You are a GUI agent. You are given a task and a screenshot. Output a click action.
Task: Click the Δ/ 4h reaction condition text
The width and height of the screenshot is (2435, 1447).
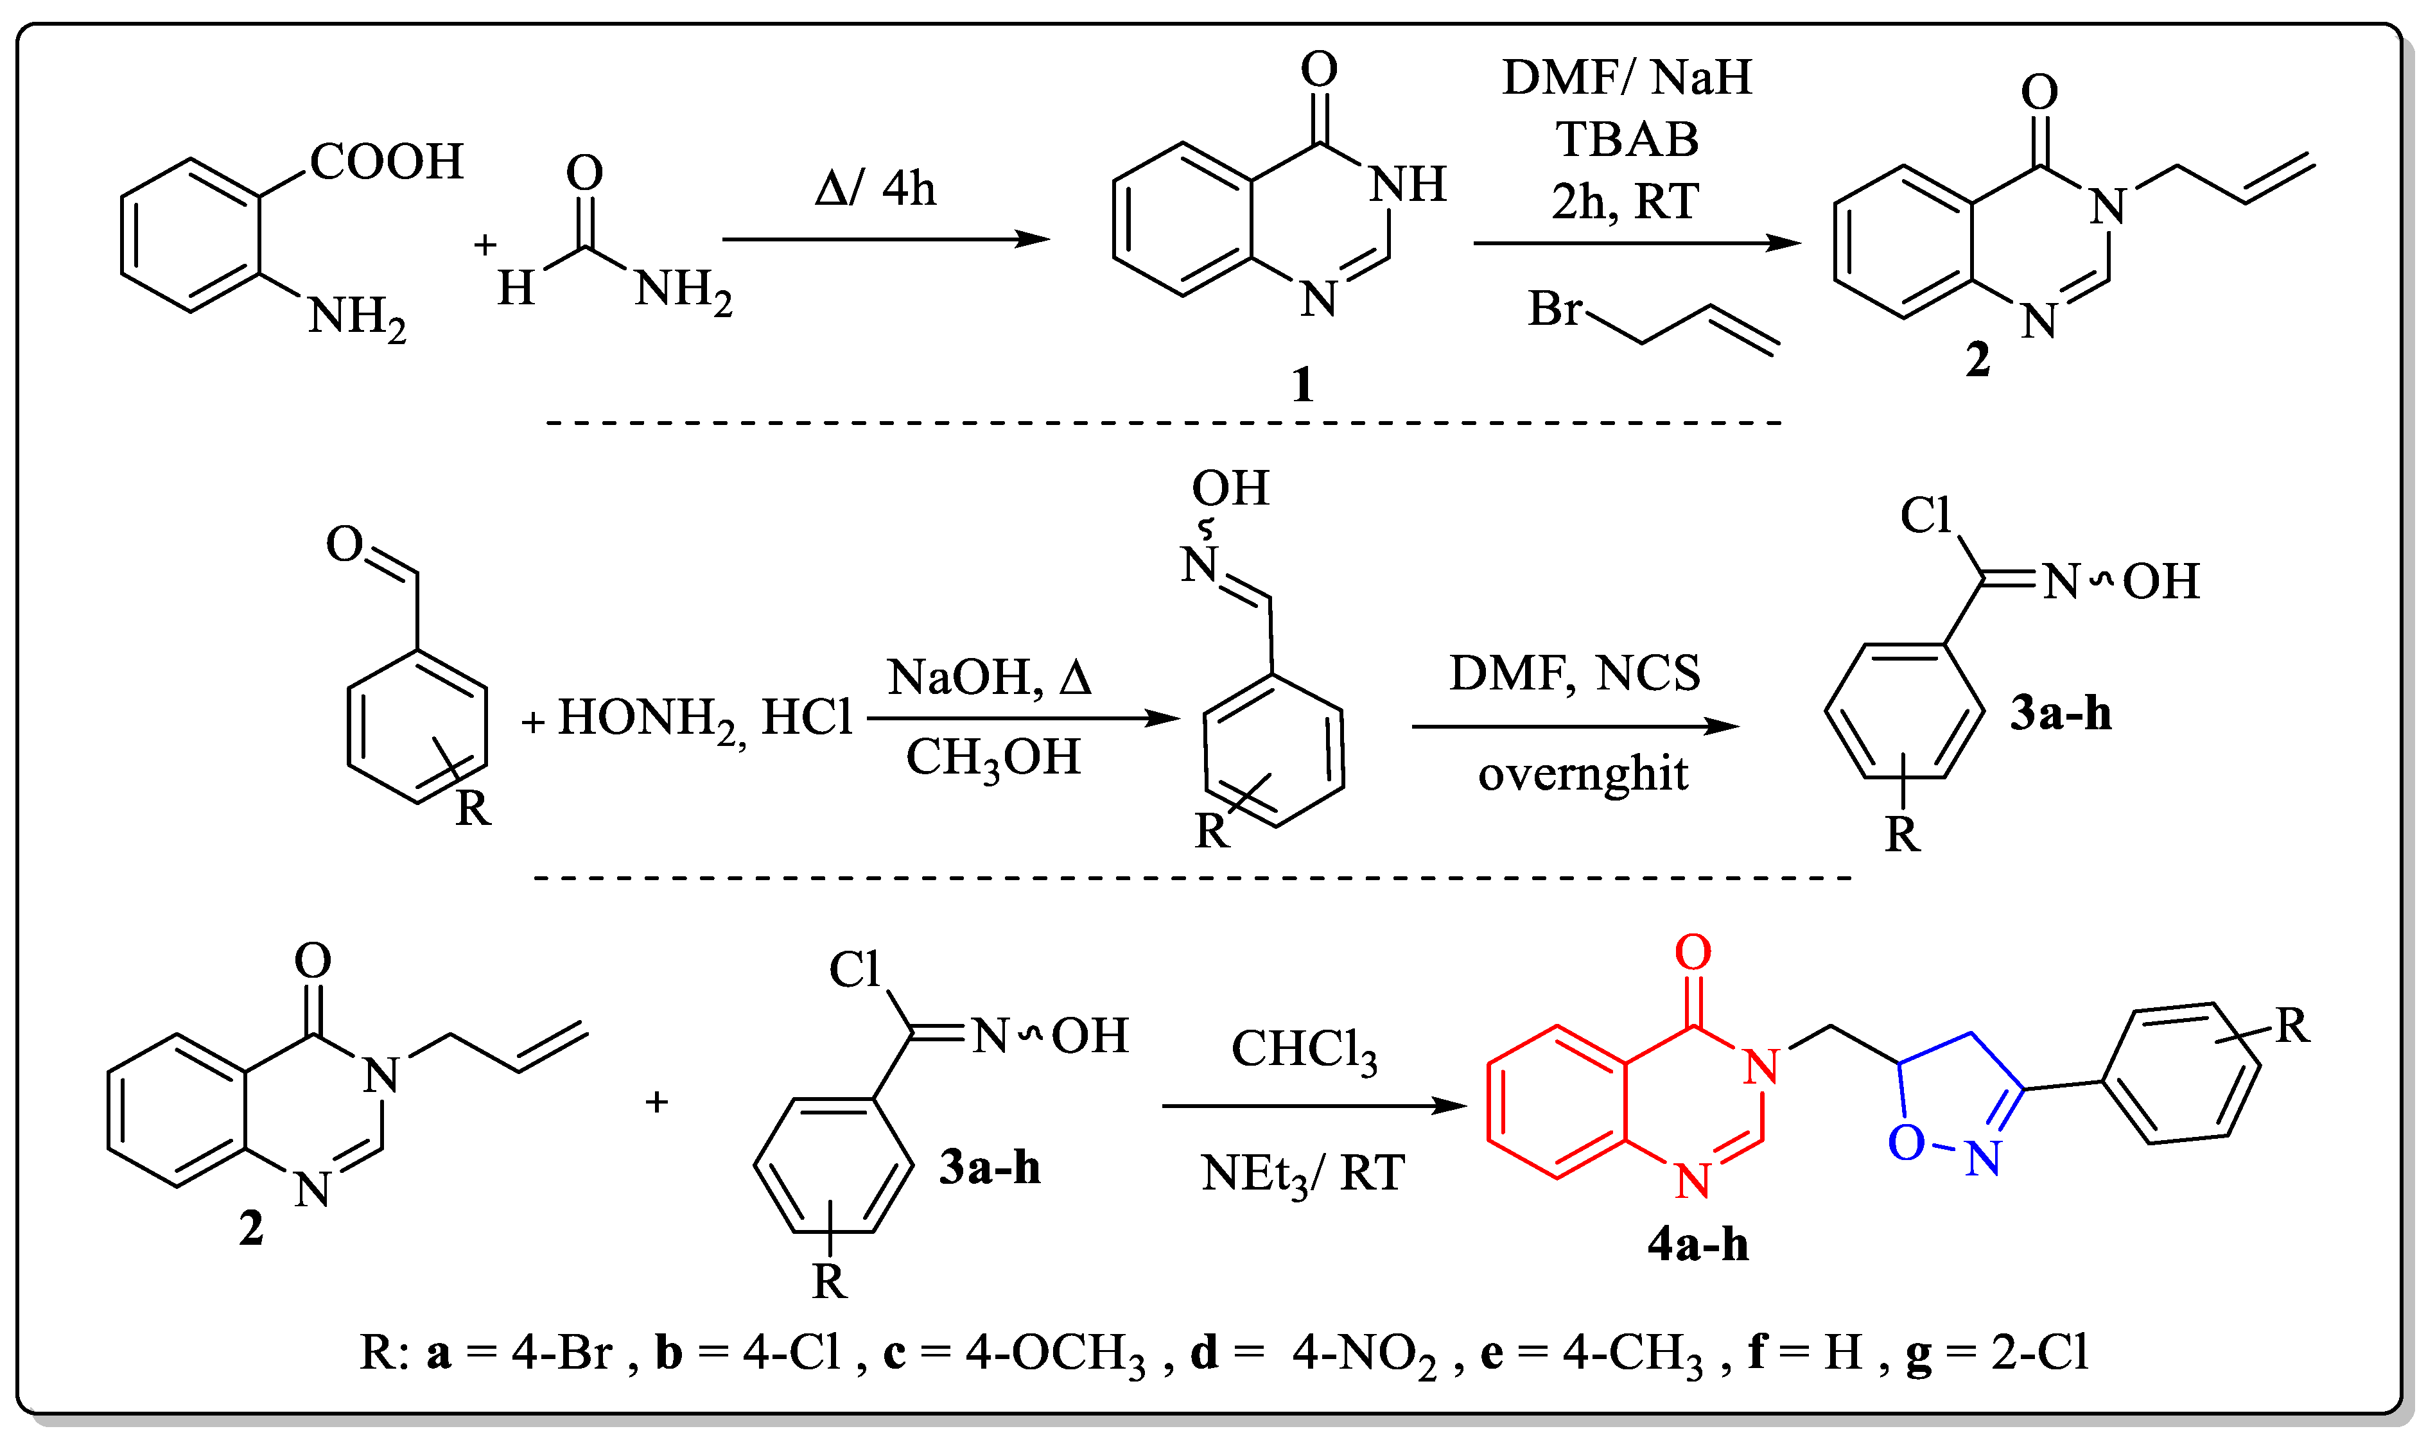(875, 187)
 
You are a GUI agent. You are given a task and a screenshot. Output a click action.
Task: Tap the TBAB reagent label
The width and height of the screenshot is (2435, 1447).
(1626, 139)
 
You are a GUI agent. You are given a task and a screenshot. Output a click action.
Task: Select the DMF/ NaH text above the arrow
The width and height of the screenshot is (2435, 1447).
(1626, 77)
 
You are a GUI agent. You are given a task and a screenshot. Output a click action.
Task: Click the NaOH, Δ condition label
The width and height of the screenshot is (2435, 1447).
(989, 677)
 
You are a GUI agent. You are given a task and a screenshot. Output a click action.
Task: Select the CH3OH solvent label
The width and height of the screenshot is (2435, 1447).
(993, 758)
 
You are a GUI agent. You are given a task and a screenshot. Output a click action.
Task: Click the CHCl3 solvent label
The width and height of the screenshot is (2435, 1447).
(1304, 1051)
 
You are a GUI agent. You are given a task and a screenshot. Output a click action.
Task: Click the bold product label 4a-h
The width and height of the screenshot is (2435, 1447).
(1698, 1245)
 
